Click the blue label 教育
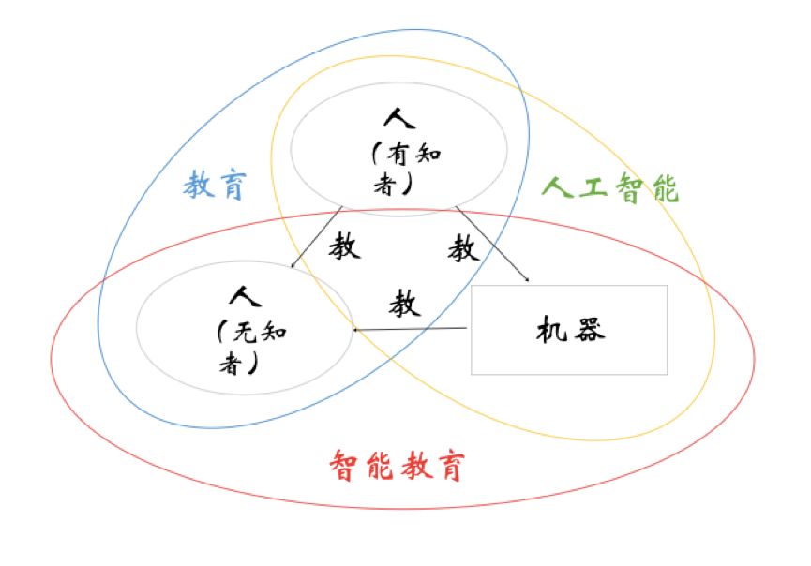214,186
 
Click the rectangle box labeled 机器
568,330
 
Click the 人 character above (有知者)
398,119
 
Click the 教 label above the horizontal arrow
405,304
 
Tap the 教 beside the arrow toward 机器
463,248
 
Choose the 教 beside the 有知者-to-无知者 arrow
345,247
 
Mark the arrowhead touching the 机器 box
527,278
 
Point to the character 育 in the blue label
230,186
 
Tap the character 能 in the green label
664,188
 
